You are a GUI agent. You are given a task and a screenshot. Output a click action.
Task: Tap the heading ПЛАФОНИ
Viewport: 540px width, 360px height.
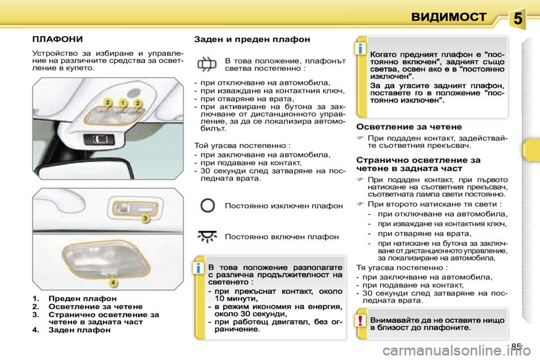click(57, 39)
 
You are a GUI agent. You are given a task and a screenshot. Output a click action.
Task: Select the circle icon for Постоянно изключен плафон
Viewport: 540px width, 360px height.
click(208, 205)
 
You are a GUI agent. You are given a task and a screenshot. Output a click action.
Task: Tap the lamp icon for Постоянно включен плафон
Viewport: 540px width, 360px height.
click(208, 237)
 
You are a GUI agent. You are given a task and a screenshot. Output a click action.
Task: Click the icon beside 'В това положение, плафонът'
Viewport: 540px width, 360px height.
click(207, 64)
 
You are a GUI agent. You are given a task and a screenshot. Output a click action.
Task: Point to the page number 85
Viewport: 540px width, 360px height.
click(517, 346)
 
